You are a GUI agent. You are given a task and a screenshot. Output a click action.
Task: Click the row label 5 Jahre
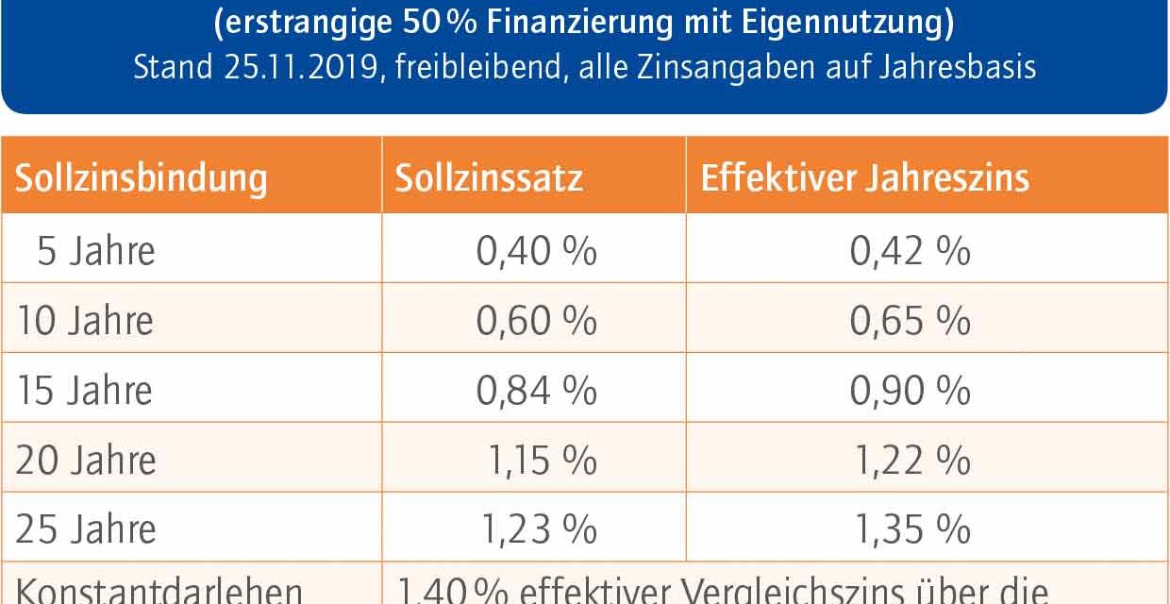pyautogui.click(x=96, y=252)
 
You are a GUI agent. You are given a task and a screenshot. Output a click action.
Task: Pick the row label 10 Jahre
pyautogui.click(x=85, y=322)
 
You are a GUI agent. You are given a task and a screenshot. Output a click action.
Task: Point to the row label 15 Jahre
pyautogui.click(x=85, y=391)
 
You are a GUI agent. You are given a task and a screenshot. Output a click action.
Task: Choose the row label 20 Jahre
pyautogui.click(x=86, y=461)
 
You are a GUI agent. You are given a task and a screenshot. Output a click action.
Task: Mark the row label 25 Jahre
pyautogui.click(x=86, y=529)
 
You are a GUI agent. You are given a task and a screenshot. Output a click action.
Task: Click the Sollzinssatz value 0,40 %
pyautogui.click(x=536, y=252)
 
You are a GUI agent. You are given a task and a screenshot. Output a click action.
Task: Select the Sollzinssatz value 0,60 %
pyautogui.click(x=536, y=322)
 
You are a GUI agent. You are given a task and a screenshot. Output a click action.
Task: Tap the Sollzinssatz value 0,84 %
pyautogui.click(x=536, y=391)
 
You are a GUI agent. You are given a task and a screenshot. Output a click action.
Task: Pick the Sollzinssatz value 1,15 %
pyautogui.click(x=542, y=461)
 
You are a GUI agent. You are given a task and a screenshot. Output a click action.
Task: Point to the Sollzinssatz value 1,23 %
pyautogui.click(x=540, y=529)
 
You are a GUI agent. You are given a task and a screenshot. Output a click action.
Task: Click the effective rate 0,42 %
pyautogui.click(x=910, y=252)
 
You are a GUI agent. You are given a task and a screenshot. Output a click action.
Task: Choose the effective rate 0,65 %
pyautogui.click(x=910, y=322)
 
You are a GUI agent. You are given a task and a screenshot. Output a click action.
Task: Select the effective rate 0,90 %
pyautogui.click(x=910, y=391)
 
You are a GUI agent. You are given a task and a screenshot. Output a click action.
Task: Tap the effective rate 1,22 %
pyautogui.click(x=912, y=461)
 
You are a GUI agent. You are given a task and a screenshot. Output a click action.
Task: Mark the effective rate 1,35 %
pyautogui.click(x=912, y=529)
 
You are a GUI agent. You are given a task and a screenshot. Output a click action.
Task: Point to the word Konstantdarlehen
pyautogui.click(x=159, y=591)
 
